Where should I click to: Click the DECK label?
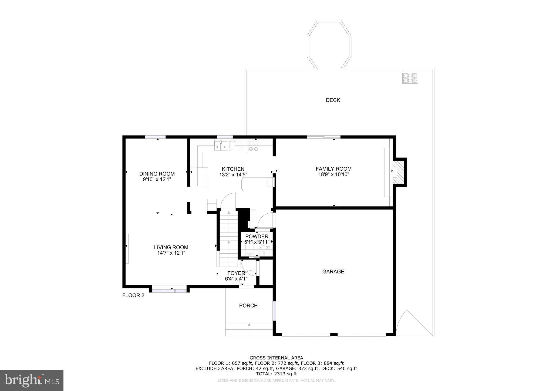333,100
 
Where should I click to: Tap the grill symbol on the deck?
410,78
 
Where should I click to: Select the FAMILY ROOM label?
333,169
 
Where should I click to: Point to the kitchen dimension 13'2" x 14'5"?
233,175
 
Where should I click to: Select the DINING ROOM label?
157,174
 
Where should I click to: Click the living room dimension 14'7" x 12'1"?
171,253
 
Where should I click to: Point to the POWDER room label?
257,237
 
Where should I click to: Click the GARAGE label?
333,272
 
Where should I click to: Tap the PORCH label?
248,306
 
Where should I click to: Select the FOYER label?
236,273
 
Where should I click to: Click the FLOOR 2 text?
133,295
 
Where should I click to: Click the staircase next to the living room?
228,238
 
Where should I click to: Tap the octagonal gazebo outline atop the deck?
329,45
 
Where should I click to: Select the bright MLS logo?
32,380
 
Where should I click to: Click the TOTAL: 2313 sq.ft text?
276,374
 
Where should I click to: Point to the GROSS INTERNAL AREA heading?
276,358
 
